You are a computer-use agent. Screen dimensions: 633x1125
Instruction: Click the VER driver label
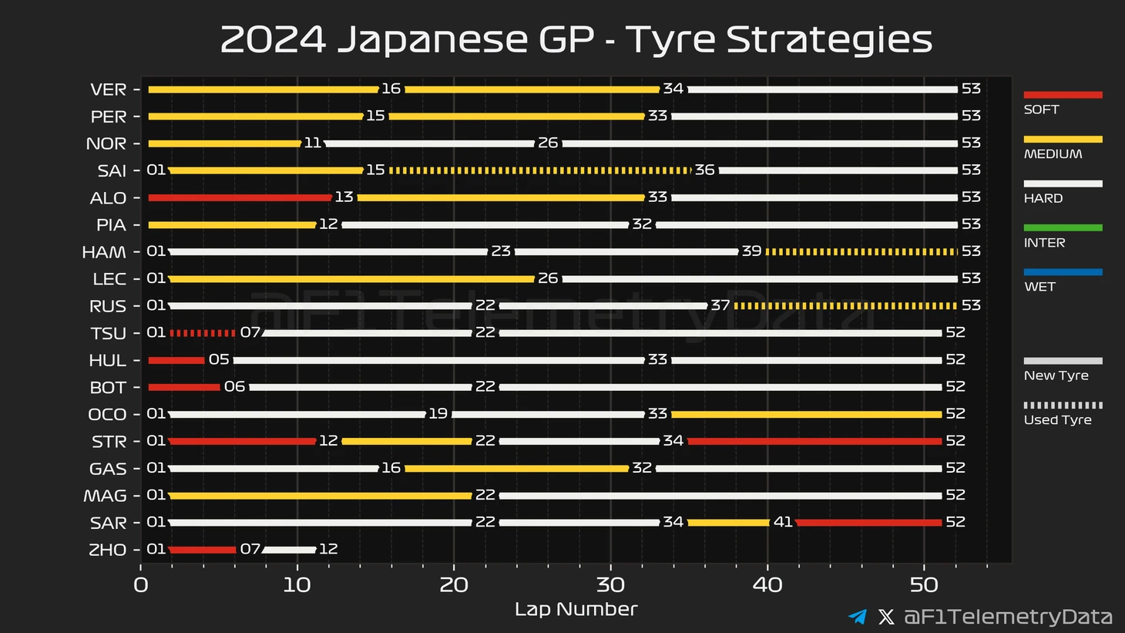point(108,89)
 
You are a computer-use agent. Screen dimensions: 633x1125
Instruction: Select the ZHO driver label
point(107,550)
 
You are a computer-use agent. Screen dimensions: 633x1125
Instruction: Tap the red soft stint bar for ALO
point(240,198)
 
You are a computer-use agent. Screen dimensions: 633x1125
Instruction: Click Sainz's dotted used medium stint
point(540,170)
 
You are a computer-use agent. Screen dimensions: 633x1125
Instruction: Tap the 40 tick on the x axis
point(767,585)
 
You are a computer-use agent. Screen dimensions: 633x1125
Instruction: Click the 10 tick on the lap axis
point(297,585)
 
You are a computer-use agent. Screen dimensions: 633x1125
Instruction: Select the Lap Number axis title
point(576,609)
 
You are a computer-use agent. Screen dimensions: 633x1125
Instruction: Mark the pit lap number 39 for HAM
point(751,251)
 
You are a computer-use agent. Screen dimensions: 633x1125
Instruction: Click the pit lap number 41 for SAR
point(783,522)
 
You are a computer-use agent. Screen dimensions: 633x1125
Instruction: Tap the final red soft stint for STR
point(814,441)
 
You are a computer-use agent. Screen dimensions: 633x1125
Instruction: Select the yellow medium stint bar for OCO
point(807,414)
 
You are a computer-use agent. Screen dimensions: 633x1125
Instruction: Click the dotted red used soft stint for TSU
point(203,333)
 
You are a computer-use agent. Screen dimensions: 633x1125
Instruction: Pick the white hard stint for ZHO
point(290,550)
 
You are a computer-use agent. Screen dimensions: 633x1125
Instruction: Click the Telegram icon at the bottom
point(857,617)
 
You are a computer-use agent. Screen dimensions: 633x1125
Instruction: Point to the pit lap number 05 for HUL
point(219,359)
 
